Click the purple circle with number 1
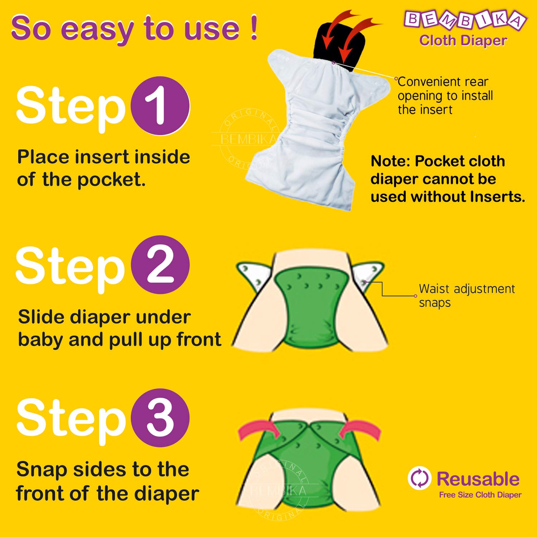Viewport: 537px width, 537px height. [x=160, y=106]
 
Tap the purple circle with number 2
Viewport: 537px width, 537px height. [x=160, y=265]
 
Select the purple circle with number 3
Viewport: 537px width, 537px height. [x=160, y=418]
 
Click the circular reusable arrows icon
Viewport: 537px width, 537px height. [x=419, y=478]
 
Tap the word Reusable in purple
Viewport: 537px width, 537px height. [x=478, y=479]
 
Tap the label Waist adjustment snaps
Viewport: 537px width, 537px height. [x=466, y=296]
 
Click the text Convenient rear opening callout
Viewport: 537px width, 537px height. [x=445, y=96]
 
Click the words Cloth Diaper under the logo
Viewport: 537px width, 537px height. [x=463, y=41]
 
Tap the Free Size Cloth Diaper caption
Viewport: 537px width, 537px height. [x=480, y=495]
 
